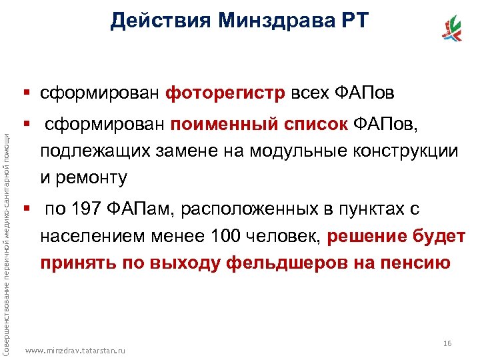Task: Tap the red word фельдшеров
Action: click(265, 262)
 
